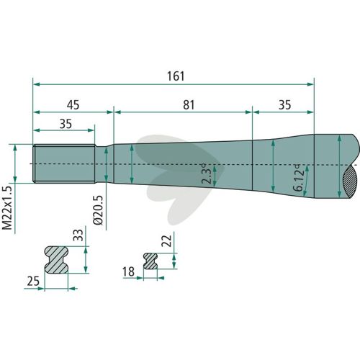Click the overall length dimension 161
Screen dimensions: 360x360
(x=176, y=76)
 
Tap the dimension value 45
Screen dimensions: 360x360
(x=73, y=105)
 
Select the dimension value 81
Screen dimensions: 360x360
(x=189, y=105)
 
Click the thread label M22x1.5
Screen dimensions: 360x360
(x=7, y=208)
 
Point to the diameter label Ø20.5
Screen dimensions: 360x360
(x=98, y=210)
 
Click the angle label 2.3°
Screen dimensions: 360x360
(x=207, y=174)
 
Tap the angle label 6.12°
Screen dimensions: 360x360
(x=299, y=178)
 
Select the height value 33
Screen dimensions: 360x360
(x=78, y=235)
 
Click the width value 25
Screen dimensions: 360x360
(x=33, y=281)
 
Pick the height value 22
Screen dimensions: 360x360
(x=167, y=240)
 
